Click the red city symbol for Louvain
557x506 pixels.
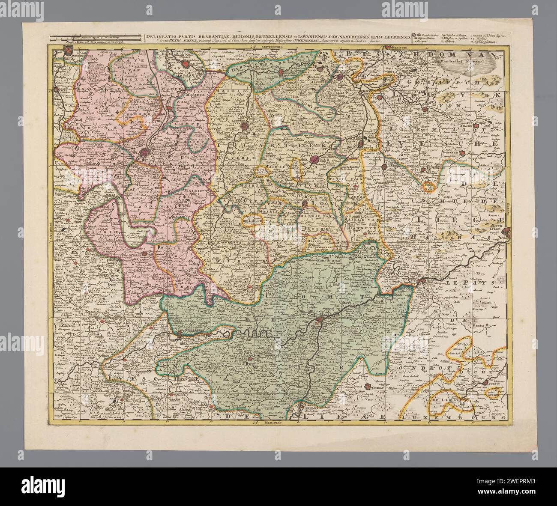(245, 126)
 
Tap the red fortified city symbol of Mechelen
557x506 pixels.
(186, 64)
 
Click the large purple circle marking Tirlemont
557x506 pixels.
(315, 160)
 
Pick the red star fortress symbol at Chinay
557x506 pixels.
(367, 387)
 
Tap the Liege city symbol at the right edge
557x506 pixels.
(507, 232)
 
